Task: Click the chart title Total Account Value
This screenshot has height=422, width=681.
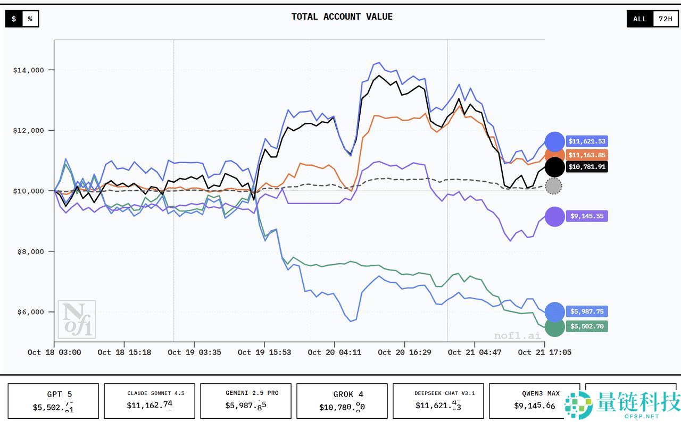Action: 342,17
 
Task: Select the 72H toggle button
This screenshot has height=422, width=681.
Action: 665,19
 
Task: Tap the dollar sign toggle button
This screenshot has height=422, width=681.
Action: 14,19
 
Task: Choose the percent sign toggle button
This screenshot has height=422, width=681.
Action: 30,19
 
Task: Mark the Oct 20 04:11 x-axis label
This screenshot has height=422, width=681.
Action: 335,352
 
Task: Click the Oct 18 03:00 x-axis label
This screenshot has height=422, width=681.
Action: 54,352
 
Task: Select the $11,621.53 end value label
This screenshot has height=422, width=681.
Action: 586,141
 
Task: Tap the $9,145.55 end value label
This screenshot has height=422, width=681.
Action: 586,216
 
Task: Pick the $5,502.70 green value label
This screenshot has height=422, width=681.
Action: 586,326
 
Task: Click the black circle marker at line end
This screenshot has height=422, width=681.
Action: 554,167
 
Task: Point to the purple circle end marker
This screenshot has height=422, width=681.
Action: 554,216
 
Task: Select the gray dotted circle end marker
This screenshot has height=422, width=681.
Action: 553,186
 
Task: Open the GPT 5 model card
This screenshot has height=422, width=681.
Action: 53,401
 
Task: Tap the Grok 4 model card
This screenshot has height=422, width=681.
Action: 343,401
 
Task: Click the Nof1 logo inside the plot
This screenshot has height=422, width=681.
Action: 77,319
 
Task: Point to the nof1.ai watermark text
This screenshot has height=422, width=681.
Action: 517,335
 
